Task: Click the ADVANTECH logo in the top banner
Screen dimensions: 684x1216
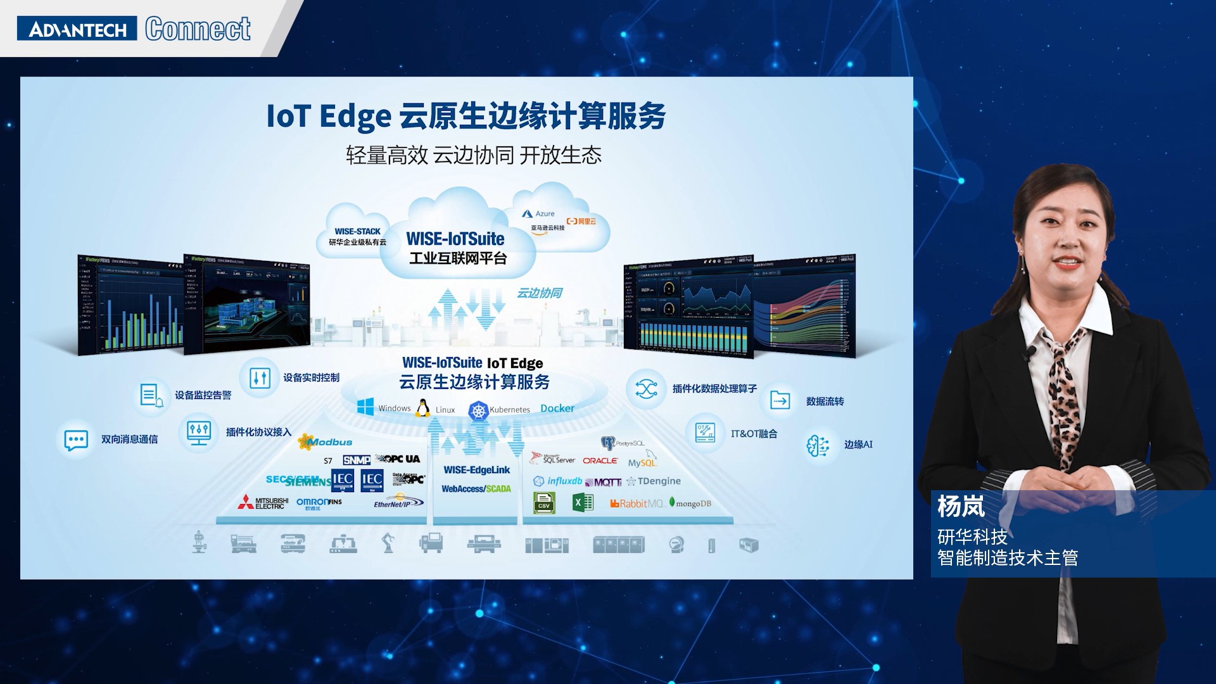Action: coord(77,29)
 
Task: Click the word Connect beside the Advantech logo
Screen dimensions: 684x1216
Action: coord(198,29)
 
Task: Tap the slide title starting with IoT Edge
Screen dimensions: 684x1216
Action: coord(465,116)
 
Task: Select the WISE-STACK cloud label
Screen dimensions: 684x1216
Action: coord(357,232)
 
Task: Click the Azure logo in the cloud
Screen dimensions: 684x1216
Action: coord(538,214)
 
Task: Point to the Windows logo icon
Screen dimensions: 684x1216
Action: coord(365,407)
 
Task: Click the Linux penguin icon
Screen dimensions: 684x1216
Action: coord(422,408)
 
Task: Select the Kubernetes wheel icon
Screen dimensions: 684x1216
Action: coord(478,410)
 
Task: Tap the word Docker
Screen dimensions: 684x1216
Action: coord(557,408)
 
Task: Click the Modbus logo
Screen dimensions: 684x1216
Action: coord(326,441)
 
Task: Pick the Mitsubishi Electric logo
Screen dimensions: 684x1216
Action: coord(263,503)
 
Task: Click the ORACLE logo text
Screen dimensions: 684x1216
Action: coord(600,460)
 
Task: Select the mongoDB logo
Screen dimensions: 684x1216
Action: coord(690,503)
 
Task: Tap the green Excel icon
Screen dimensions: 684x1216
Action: coord(582,503)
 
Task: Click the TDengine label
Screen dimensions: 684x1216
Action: coord(654,481)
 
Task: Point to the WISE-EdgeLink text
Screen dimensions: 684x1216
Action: coord(476,470)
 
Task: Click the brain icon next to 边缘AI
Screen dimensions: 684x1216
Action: coord(818,445)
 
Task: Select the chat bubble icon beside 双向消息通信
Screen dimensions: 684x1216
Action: coord(76,440)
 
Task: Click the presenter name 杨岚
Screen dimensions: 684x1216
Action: coord(961,507)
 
